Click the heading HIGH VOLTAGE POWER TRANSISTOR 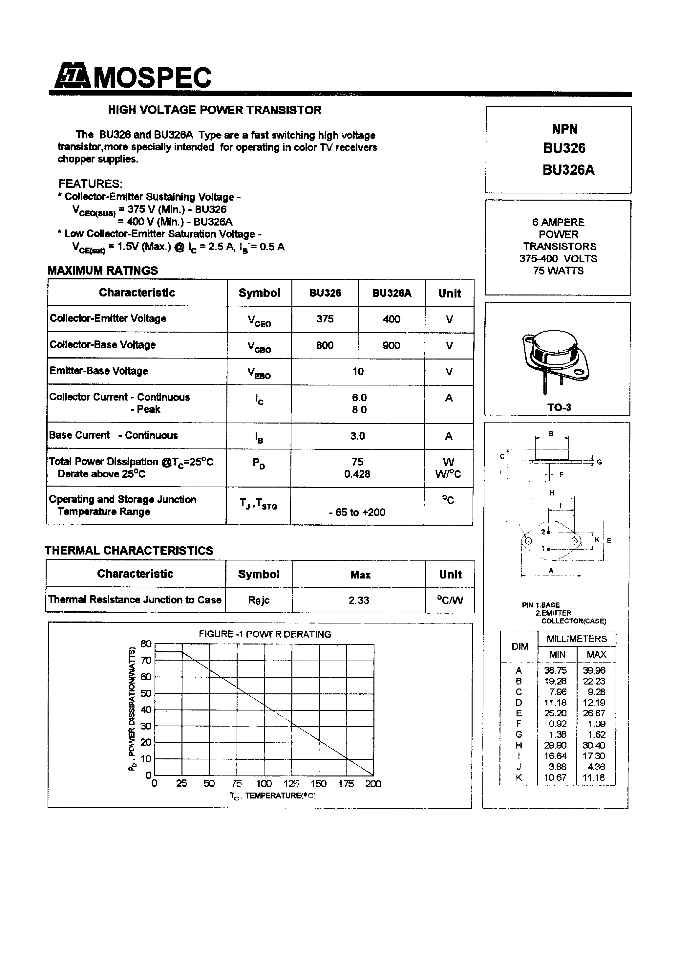pos(214,110)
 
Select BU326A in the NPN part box pos(568,170)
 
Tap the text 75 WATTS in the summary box pos(558,271)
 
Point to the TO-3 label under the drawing pos(559,407)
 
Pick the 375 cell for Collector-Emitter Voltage pos(325,319)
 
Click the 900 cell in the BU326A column pos(391,345)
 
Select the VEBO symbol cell pos(259,372)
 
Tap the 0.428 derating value pos(357,474)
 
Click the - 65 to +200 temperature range pos(357,512)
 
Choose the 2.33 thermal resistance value pos(359,600)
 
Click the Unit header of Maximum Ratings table pos(449,294)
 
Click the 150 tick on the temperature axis pos(319,784)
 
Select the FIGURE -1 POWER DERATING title pos(265,634)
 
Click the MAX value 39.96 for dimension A pos(594,670)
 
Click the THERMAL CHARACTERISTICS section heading pos(129,551)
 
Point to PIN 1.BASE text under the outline pos(540,605)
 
